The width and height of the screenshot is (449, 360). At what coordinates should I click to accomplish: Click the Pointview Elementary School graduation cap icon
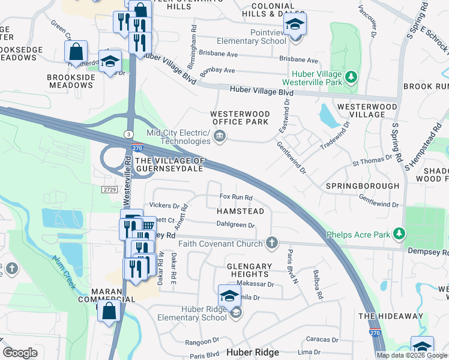295,25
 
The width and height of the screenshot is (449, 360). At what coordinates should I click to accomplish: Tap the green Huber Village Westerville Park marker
352,77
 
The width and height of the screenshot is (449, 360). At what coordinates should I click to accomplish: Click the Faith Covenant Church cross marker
272,243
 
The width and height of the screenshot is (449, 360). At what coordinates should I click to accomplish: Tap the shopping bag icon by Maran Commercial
109,312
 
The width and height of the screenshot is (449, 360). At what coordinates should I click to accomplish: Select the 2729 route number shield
109,190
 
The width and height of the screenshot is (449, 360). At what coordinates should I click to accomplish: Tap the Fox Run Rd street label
235,197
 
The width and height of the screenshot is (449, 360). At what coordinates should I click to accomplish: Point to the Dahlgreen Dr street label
236,226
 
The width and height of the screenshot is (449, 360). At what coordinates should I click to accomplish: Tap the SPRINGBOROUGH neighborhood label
362,186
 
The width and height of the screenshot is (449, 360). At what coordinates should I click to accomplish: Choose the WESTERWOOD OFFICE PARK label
240,118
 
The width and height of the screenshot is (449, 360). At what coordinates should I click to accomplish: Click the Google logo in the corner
20,353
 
